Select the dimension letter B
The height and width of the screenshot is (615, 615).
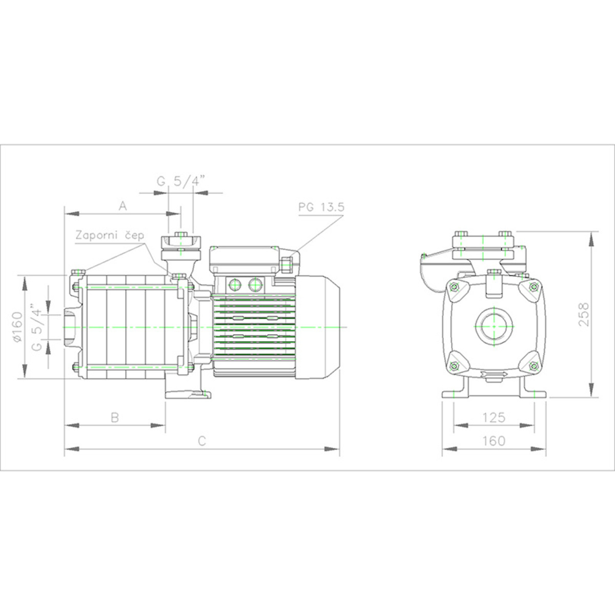[115, 417]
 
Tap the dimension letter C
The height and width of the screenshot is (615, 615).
[202, 441]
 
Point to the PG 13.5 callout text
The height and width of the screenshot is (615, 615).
[321, 208]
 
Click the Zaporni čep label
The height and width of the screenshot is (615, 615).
[110, 236]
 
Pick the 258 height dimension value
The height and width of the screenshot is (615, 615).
[583, 314]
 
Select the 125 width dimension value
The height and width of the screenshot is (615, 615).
[494, 417]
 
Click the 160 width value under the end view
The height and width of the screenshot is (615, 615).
[494, 441]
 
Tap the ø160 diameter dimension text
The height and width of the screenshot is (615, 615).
[17, 327]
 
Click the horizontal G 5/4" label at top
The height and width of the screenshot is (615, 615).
[180, 181]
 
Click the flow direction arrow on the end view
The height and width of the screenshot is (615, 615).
[494, 374]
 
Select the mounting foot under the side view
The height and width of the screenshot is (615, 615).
[188, 395]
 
